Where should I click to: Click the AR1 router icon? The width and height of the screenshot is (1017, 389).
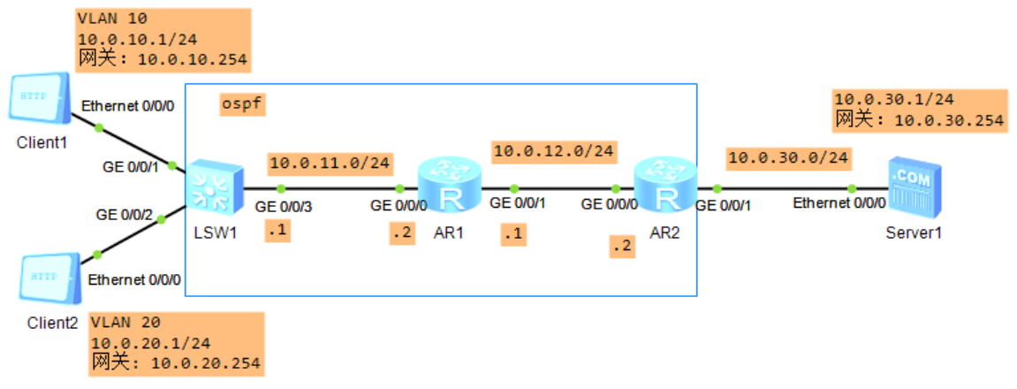pos(449,185)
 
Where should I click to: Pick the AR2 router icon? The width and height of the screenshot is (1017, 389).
pos(664,185)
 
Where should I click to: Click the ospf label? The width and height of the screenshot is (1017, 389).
pos(243,105)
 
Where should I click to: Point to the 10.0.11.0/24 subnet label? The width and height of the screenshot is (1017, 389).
pos(330,163)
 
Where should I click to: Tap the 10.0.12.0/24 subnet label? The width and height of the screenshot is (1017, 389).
pos(554,151)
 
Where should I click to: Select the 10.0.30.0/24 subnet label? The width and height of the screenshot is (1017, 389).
pos(787,159)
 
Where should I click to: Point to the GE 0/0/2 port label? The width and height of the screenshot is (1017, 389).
pos(125,214)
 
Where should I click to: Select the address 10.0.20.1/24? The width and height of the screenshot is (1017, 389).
pos(150,342)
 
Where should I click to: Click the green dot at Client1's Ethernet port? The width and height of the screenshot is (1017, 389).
pos(99,128)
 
